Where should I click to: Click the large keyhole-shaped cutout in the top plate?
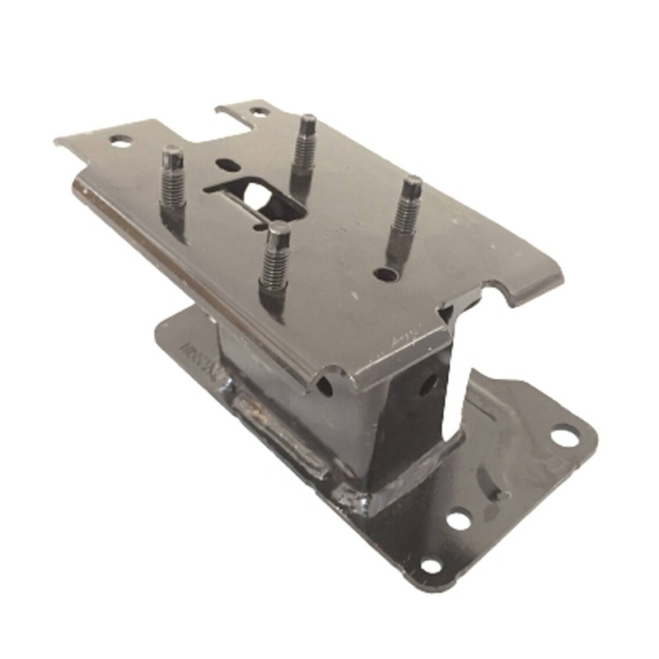[251, 194]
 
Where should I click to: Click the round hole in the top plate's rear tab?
[258, 112]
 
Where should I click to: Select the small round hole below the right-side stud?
[381, 273]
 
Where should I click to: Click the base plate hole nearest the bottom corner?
[429, 566]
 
